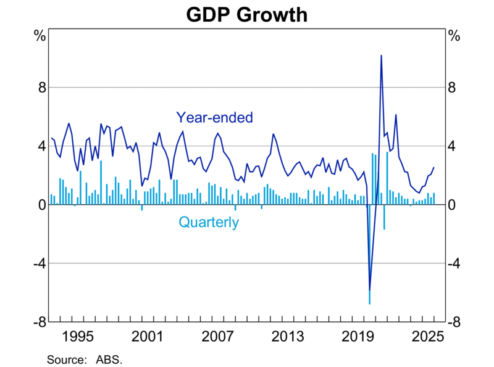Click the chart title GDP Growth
coord(247,14)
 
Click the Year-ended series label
coord(214,117)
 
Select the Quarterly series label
coord(208,222)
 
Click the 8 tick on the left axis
coord(41,88)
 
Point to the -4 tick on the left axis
coord(38,264)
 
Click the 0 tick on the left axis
coord(41,205)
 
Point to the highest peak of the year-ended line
coord(381,56)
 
